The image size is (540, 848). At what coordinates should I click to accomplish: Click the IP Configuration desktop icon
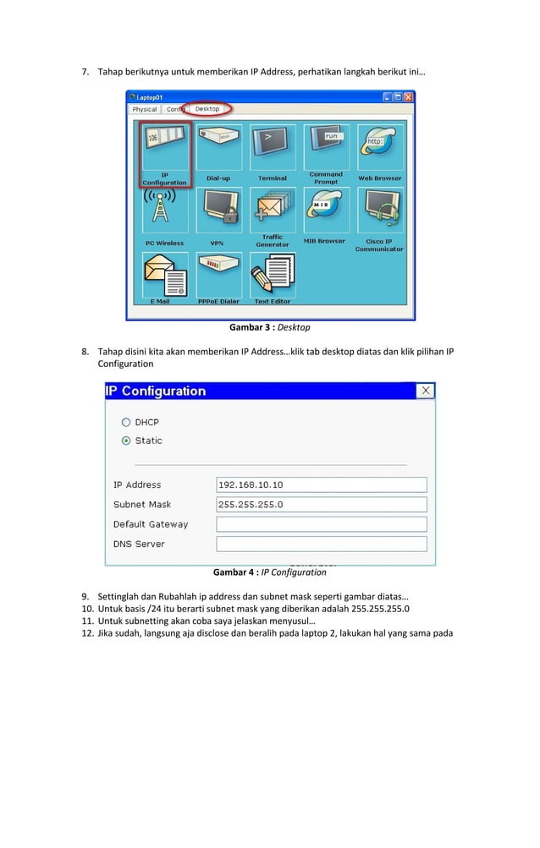coord(165,148)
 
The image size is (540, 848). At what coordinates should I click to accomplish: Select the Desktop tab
coord(207,109)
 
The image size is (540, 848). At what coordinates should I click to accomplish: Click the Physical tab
coord(145,109)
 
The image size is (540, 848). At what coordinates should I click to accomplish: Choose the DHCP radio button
coord(126,422)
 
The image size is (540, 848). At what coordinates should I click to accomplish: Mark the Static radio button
coord(126,440)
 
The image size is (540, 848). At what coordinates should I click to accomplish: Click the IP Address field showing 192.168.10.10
coord(322,485)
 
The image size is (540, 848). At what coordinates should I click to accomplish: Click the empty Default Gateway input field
coord(322,524)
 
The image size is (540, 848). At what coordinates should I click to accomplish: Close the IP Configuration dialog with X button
coord(426,391)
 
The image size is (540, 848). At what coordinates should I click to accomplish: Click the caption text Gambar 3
coord(252,327)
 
